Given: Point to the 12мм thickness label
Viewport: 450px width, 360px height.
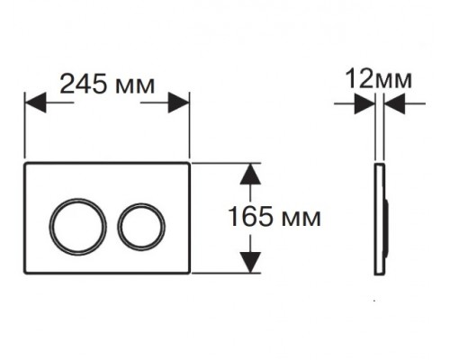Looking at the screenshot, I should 377,80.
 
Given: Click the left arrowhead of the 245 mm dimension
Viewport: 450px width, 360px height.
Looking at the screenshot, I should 34,103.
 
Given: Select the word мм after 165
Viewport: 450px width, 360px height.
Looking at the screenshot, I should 301,218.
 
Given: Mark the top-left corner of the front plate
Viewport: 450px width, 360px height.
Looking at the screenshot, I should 25,166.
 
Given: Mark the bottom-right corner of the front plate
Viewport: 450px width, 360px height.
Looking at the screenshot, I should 188,272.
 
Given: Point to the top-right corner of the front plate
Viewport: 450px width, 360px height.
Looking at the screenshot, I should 188,166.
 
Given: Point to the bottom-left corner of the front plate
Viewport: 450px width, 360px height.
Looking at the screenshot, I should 25,272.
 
